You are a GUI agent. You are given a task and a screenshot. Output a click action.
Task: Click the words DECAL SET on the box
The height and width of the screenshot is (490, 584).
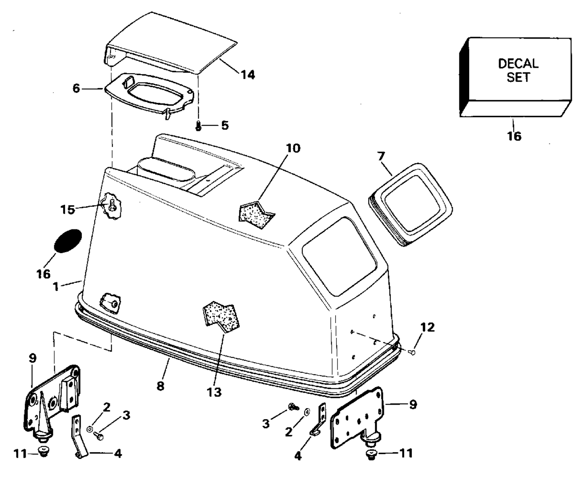pos(518,70)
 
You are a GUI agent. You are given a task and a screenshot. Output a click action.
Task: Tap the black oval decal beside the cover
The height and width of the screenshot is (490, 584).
pos(67,241)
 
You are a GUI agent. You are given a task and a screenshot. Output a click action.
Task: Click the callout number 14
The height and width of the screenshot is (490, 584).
pos(248,75)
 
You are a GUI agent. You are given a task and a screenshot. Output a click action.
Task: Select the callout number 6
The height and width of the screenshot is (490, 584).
pos(76,88)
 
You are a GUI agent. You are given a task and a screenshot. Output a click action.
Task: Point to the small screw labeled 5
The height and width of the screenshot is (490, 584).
pos(198,126)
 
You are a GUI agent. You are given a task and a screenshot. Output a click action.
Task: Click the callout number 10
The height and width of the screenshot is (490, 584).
pos(293,148)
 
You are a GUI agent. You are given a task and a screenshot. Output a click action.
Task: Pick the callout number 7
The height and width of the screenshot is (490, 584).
pos(381,157)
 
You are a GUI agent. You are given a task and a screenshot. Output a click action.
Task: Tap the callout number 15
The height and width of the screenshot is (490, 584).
pos(68,209)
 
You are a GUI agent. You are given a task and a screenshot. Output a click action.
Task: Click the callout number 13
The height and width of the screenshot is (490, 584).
pos(214,392)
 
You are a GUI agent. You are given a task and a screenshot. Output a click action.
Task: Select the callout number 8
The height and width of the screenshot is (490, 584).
pos(160,386)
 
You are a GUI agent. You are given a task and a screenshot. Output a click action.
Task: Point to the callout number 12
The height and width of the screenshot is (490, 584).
pos(427,327)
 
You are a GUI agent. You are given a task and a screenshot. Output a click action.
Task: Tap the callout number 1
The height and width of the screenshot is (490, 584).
pos(56,287)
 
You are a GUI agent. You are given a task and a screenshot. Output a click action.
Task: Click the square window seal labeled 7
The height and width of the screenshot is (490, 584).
pos(410,204)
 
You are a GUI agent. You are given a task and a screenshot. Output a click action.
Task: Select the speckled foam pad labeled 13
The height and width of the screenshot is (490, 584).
pos(222,317)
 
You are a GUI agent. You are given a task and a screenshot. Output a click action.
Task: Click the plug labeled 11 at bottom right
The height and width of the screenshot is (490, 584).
pos(371,455)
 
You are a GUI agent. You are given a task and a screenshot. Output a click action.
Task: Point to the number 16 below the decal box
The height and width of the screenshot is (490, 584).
pos(514,136)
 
